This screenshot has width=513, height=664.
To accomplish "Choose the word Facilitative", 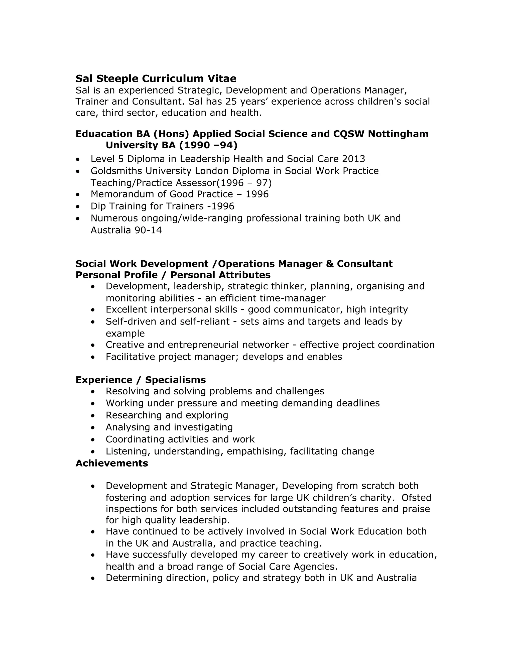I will point(130,357).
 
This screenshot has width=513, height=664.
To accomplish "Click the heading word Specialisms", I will point(175,380).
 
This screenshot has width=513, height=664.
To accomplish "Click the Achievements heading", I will point(111,463).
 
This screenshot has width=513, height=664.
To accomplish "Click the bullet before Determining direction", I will point(93,578).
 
